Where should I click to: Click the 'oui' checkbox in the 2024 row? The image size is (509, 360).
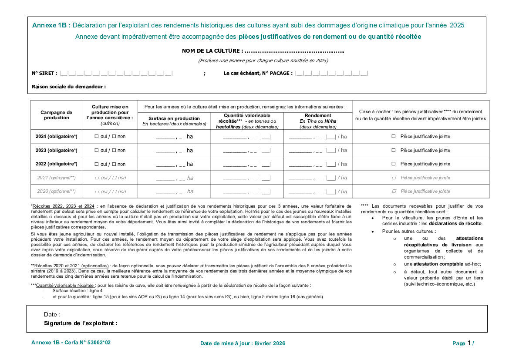[97, 137]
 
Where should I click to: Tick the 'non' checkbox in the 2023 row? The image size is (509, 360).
[114, 150]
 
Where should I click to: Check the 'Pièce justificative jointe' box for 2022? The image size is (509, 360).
[394, 164]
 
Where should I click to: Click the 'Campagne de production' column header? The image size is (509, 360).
[57, 115]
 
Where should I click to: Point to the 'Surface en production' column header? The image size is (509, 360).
[174, 118]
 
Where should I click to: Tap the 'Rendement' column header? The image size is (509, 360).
[318, 115]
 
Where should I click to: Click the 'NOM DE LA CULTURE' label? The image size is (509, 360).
[212, 51]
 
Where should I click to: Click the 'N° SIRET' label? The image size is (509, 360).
[44, 73]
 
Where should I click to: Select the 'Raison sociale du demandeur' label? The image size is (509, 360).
[69, 87]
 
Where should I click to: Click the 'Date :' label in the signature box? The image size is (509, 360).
[52, 314]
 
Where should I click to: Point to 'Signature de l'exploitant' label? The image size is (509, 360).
[81, 323]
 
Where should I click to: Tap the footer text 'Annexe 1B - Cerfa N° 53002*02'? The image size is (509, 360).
[71, 343]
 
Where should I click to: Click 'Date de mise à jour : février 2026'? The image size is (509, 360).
[243, 343]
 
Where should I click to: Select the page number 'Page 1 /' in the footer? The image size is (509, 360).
[463, 343]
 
